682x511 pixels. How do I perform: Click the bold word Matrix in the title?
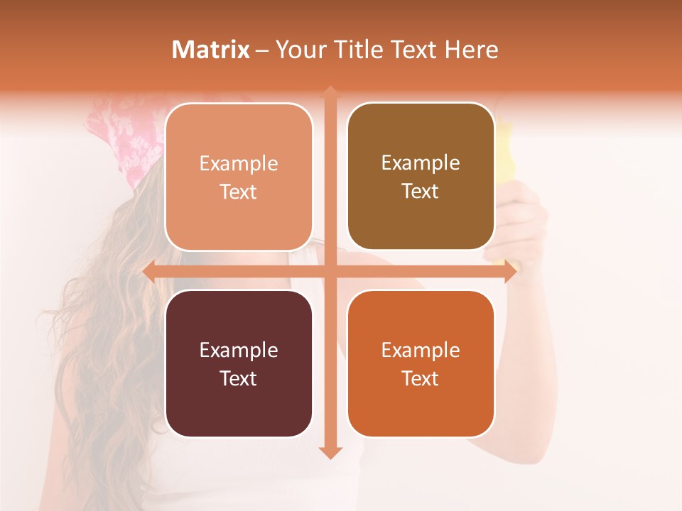point(211,50)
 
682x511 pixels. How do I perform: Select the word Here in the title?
point(471,50)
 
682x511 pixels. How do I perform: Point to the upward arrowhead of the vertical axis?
point(330,92)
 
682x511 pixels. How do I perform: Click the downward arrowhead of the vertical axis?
point(330,452)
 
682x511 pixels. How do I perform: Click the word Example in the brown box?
point(421,163)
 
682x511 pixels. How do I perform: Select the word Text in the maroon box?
point(238,378)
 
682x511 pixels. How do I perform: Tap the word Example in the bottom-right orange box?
point(421,350)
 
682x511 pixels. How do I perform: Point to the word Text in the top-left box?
point(238,192)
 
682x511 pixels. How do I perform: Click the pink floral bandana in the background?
point(124,135)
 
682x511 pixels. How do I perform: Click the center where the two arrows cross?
point(330,272)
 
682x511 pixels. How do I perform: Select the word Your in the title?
point(299,50)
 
